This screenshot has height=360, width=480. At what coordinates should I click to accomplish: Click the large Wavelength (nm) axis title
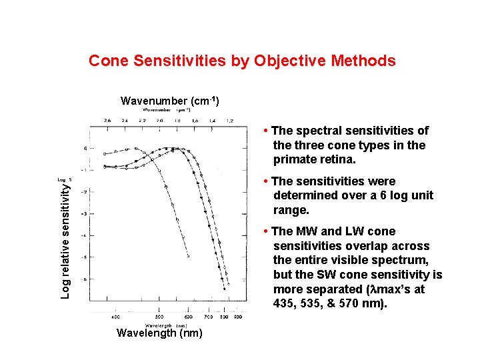[x=159, y=333]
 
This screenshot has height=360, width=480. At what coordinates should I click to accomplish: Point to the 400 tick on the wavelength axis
[x=116, y=317]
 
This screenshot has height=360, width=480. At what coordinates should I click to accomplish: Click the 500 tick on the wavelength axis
[x=160, y=317]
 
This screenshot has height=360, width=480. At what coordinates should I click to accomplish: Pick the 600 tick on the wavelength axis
[x=189, y=317]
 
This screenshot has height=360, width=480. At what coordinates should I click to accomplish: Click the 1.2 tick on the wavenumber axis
[x=230, y=121]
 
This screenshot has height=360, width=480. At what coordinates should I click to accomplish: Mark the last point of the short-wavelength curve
[x=188, y=256]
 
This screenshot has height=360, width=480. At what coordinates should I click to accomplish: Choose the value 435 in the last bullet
[x=284, y=304]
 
